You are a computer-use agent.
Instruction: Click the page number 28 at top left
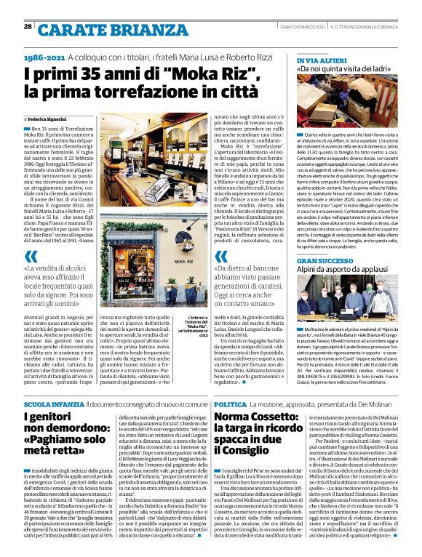(27, 26)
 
